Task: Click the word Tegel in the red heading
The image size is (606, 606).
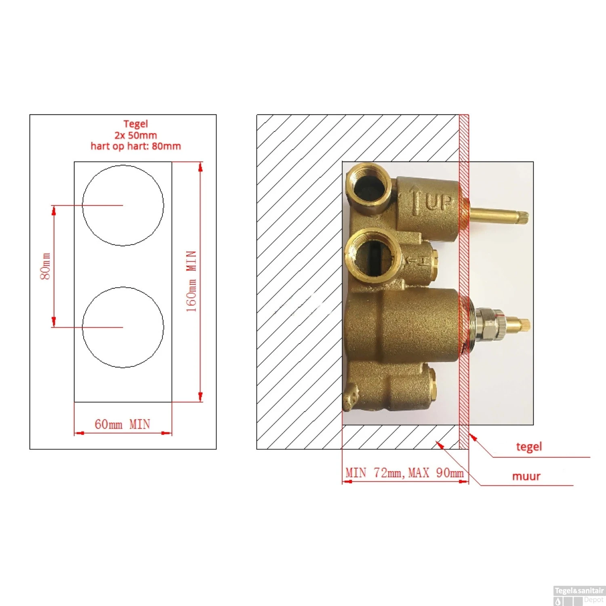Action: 135,124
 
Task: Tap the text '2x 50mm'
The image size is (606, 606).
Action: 135,135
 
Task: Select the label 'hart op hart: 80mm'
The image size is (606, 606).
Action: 135,146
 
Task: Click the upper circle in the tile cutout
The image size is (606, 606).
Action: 123,205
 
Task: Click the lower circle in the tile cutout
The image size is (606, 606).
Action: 123,327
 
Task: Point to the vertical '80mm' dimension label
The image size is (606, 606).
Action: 46,266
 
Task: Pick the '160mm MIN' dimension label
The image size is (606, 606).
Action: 191,281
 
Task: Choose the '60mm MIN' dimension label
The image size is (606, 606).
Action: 122,424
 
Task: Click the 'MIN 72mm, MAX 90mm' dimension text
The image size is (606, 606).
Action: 404,473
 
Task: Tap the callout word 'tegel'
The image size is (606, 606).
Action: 529,446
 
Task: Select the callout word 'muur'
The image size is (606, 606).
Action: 526,476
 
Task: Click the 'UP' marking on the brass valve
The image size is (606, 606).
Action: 438,202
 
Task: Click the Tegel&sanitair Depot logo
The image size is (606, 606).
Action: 579,595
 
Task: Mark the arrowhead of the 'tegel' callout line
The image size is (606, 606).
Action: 471,436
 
